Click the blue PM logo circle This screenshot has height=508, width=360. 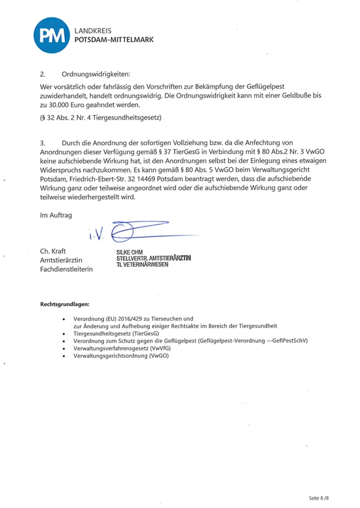[x=48, y=34]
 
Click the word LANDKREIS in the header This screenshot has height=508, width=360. [x=93, y=29]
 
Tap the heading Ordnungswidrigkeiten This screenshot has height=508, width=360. [x=95, y=74]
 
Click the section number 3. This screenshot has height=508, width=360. [x=42, y=144]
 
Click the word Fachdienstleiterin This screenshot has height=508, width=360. [x=66, y=269]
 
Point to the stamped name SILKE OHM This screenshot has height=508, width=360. [x=130, y=252]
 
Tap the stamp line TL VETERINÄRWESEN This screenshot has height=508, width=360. [x=143, y=264]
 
